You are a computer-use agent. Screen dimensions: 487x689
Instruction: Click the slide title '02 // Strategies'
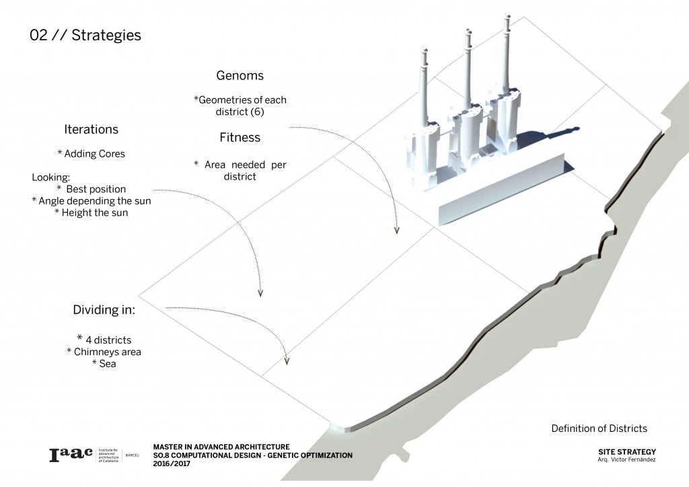[85, 36]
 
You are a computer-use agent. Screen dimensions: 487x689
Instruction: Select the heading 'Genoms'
[240, 76]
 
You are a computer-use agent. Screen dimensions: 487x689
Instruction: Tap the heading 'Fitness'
[240, 137]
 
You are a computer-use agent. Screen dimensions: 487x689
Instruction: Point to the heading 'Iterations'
[91, 130]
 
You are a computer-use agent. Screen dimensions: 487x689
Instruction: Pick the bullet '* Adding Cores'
[91, 154]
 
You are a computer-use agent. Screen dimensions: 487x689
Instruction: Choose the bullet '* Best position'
[91, 189]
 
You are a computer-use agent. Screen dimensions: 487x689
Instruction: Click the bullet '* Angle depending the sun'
[91, 200]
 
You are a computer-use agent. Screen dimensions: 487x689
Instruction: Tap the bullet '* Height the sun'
[91, 213]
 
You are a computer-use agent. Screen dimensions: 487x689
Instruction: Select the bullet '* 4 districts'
[104, 340]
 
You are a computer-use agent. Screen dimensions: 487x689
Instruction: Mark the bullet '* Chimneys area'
[104, 352]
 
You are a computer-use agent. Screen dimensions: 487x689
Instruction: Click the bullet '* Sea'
[104, 364]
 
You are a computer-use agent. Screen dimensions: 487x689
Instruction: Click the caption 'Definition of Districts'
[599, 428]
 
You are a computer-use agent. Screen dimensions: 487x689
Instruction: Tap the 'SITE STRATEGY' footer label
[626, 452]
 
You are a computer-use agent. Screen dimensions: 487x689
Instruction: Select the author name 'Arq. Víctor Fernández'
[626, 459]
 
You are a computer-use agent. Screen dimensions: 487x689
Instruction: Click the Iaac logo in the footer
[71, 455]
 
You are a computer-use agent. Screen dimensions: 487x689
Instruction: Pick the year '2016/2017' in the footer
[172, 463]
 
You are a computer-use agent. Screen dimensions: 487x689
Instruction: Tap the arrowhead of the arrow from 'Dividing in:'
[287, 361]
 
